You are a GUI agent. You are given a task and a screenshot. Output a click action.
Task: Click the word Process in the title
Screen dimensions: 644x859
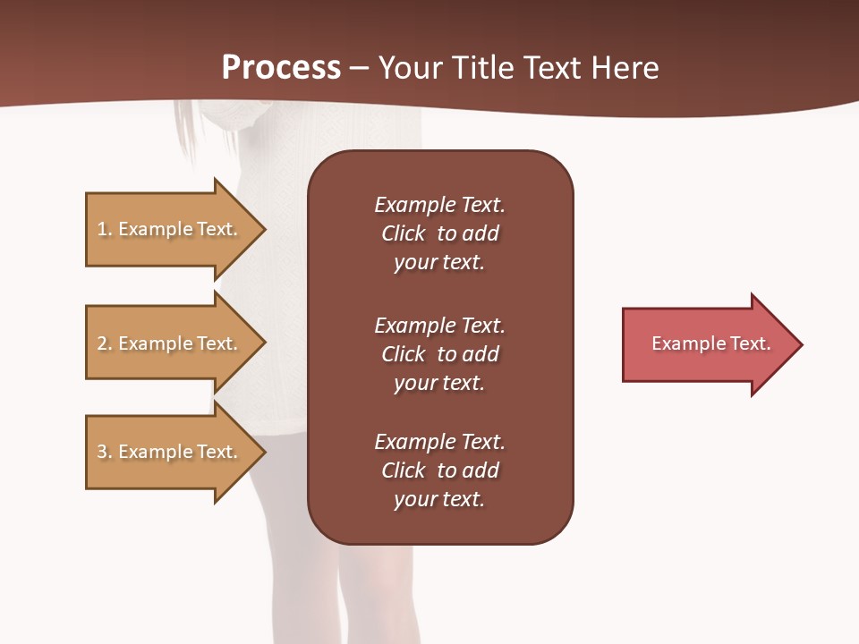click(281, 68)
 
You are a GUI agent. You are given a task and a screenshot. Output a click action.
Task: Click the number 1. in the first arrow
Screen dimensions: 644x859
click(105, 229)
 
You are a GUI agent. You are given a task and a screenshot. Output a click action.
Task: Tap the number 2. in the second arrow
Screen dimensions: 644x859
click(105, 343)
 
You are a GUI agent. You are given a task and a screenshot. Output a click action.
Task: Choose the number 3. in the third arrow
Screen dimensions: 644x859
click(105, 452)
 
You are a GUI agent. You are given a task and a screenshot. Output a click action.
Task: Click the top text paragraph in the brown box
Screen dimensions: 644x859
click(439, 233)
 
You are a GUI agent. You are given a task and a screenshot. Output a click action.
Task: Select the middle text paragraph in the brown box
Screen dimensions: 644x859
click(439, 354)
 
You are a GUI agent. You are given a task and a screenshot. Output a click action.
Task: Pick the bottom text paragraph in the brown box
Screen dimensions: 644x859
click(439, 470)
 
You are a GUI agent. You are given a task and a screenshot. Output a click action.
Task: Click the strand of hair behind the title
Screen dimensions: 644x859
click(185, 130)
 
